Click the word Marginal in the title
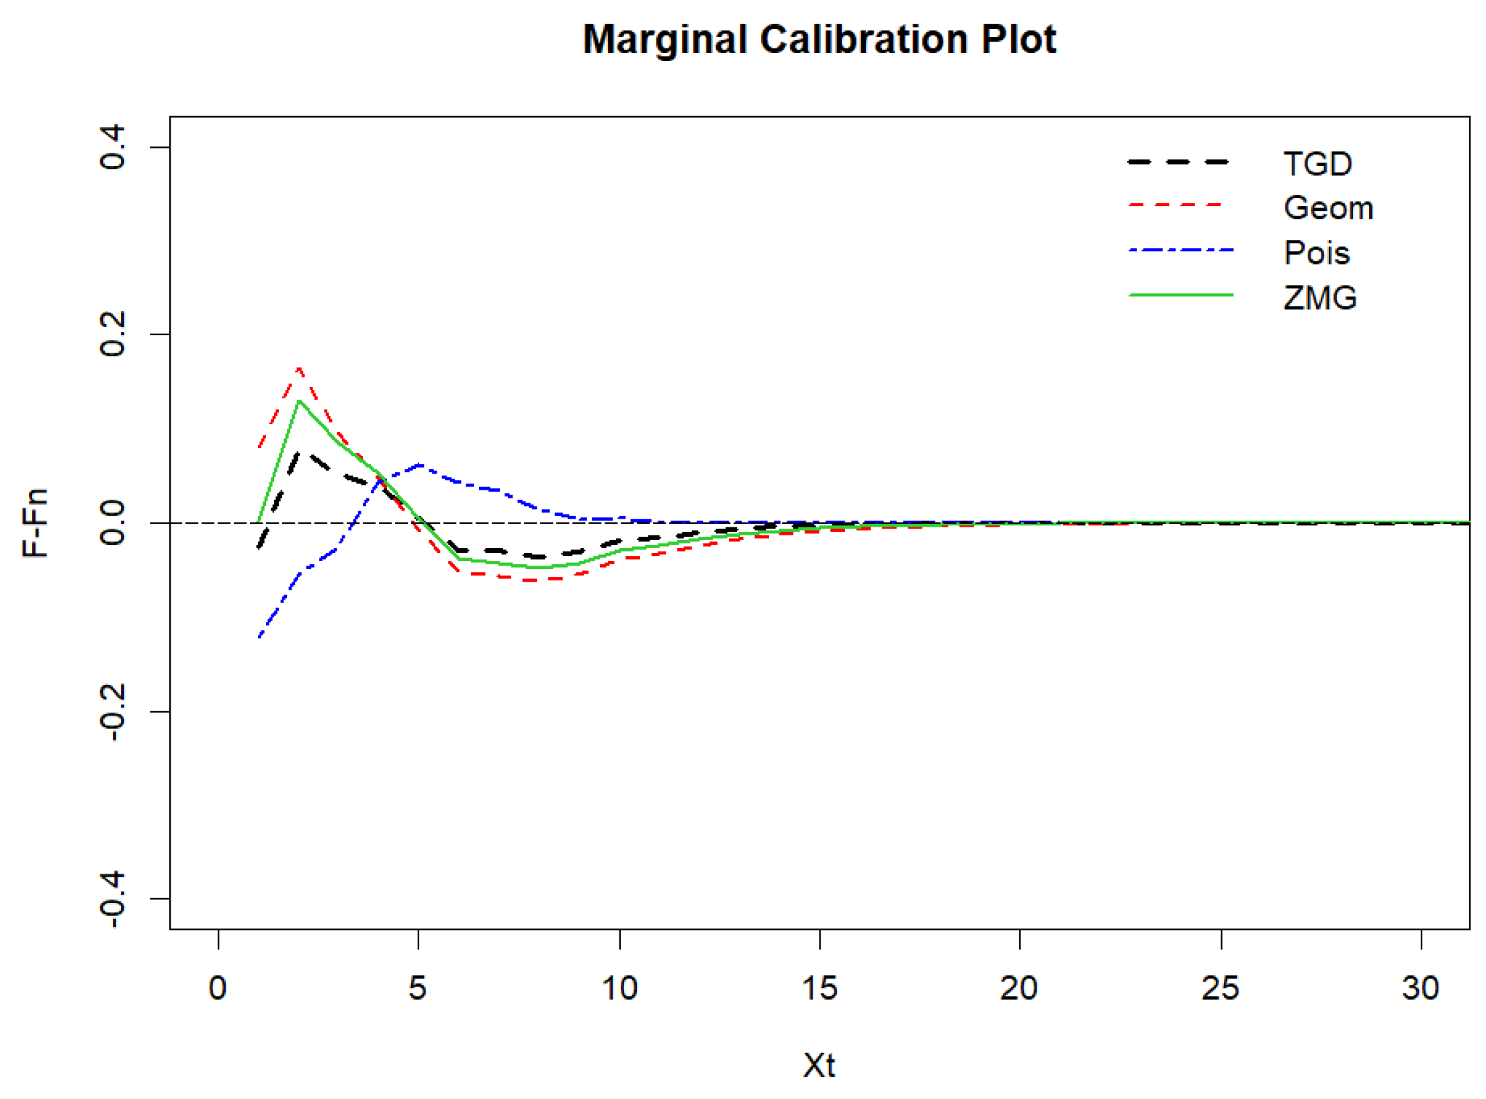pyautogui.click(x=664, y=40)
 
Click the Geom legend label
pyautogui.click(x=1327, y=208)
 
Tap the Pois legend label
pyautogui.click(x=1316, y=253)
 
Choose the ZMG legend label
pyautogui.click(x=1319, y=298)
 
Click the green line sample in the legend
pyautogui.click(x=1180, y=295)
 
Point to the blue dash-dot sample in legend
pyautogui.click(x=1180, y=250)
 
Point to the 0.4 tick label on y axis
pyautogui.click(x=112, y=146)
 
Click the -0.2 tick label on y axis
pyautogui.click(x=112, y=712)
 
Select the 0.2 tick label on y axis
pyautogui.click(x=112, y=335)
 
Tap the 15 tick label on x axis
pyautogui.click(x=819, y=988)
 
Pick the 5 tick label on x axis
pyautogui.click(x=418, y=988)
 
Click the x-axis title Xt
pyautogui.click(x=818, y=1065)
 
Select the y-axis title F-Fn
pyautogui.click(x=35, y=523)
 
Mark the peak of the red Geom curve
pyautogui.click(x=299, y=368)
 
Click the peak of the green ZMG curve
pyautogui.click(x=299, y=401)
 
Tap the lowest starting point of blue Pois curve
pyautogui.click(x=259, y=636)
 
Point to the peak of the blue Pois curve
pyautogui.click(x=419, y=464)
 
